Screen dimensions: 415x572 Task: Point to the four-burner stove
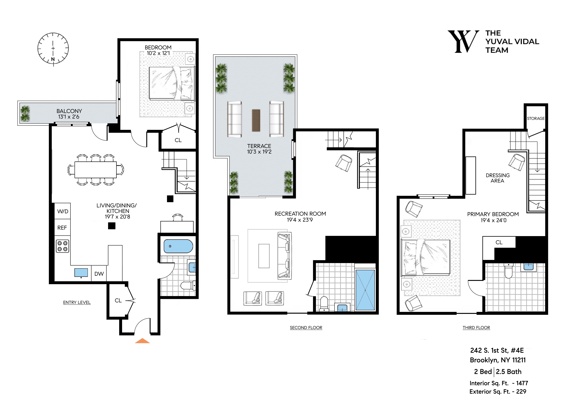tap(62, 246)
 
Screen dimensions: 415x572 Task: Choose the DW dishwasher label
tap(99, 274)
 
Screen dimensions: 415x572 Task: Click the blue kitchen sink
tap(81, 272)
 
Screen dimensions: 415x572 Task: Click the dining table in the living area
tap(96, 170)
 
